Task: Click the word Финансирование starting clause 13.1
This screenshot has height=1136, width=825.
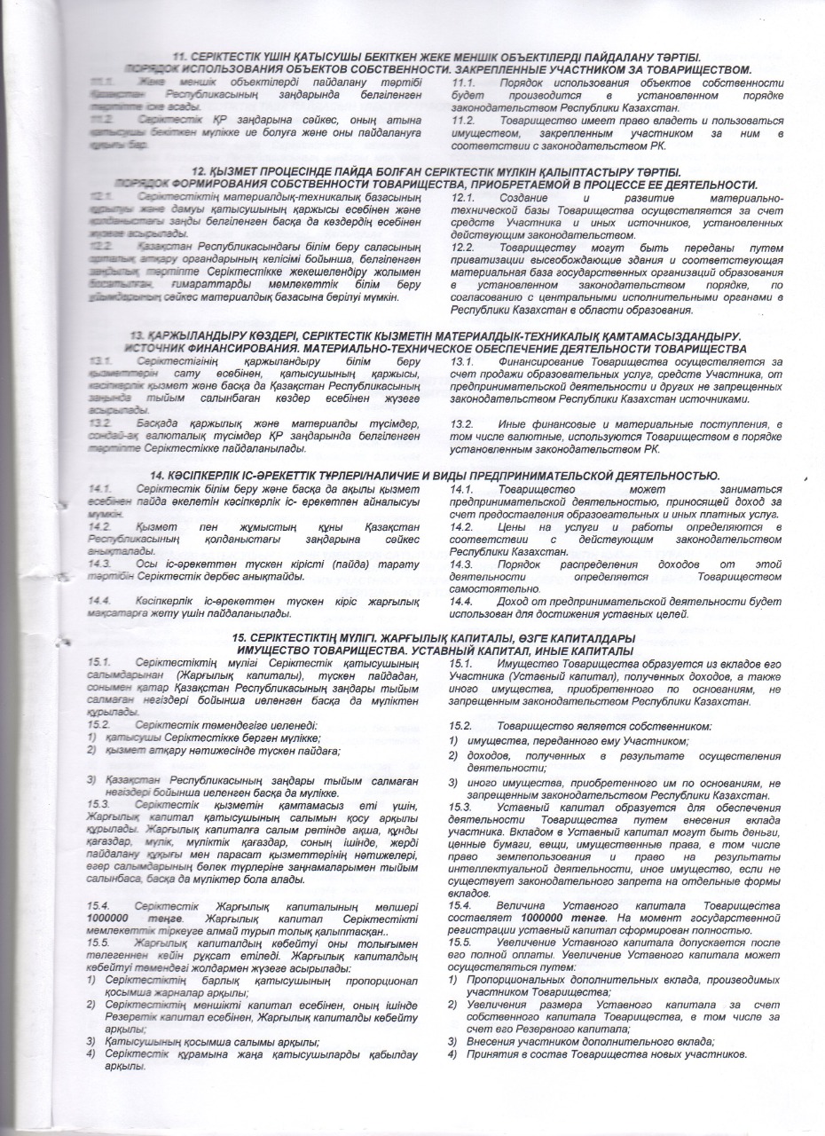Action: point(542,361)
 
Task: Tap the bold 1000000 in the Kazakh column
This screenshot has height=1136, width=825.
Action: point(113,918)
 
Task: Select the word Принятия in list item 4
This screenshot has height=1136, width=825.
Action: point(484,1053)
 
